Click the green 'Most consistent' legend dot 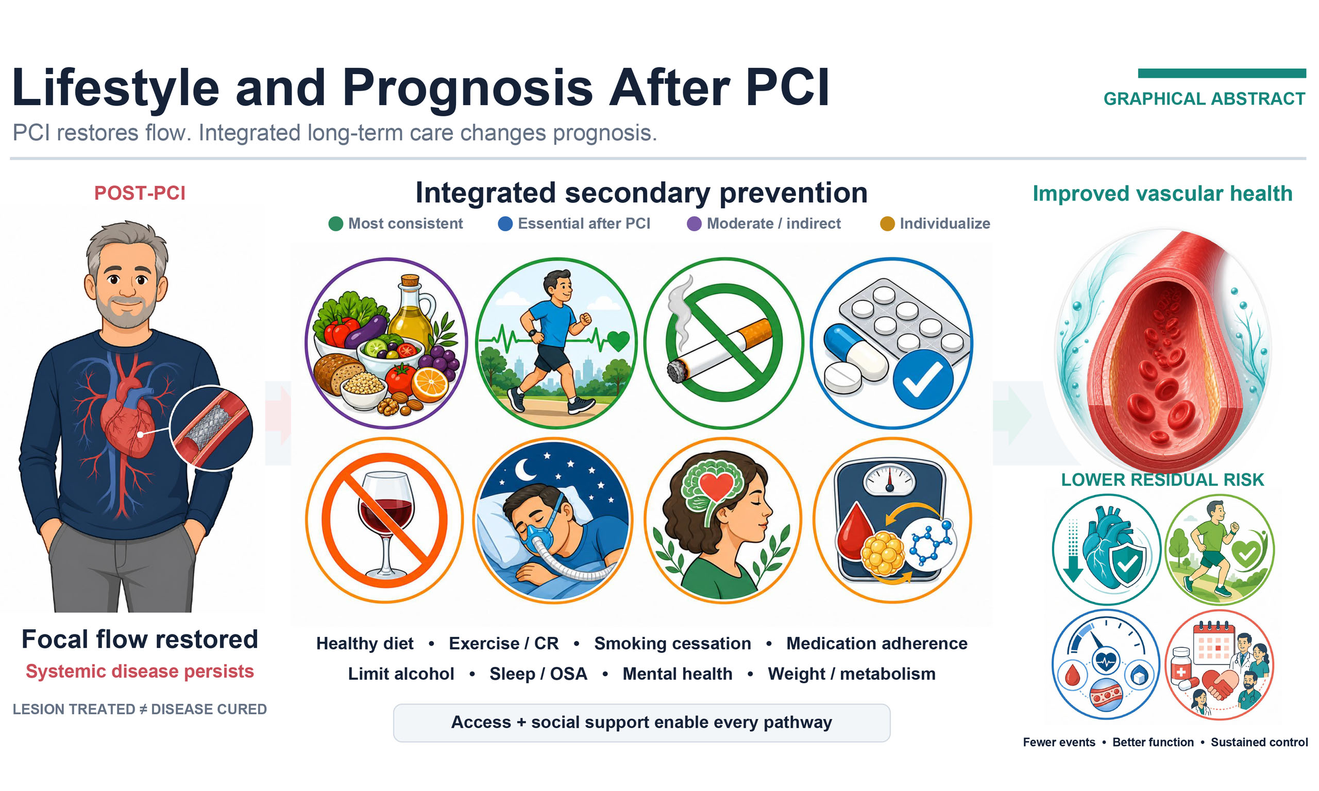click(335, 224)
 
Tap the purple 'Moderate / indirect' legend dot click(694, 224)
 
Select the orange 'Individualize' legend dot click(887, 224)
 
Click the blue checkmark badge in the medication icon click(922, 380)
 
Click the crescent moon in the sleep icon click(527, 470)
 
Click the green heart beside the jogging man click(618, 340)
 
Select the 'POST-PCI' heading click(140, 193)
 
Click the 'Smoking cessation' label click(672, 643)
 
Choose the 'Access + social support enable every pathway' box click(641, 723)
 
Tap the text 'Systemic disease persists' click(140, 671)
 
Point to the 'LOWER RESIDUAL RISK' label click(1162, 480)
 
